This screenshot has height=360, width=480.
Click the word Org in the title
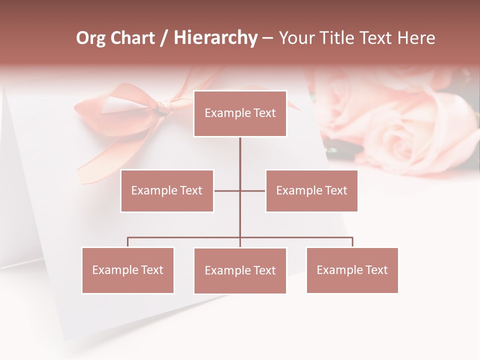[90, 38]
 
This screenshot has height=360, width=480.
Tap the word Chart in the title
[133, 38]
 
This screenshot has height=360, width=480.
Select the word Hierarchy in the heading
[215, 38]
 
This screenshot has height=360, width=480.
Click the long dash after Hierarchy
[267, 38]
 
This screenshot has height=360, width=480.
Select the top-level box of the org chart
[240, 113]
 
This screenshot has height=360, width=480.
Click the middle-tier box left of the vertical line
[167, 190]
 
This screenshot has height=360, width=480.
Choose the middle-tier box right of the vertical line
[311, 190]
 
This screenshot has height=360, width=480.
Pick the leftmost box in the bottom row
[127, 270]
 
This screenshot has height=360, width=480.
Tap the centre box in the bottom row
[240, 270]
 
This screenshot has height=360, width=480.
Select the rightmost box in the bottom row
[352, 270]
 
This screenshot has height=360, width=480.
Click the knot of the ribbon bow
[164, 107]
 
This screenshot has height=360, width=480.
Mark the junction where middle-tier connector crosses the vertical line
[240, 190]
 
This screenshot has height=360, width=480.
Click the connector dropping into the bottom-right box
[352, 242]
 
